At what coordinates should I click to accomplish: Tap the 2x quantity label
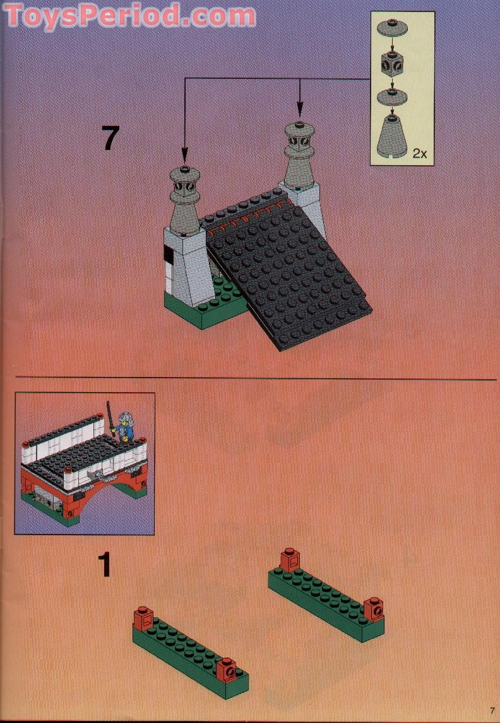click(419, 153)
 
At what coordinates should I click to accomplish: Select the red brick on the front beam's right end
click(228, 668)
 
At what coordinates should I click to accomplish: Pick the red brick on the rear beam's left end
click(289, 560)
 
